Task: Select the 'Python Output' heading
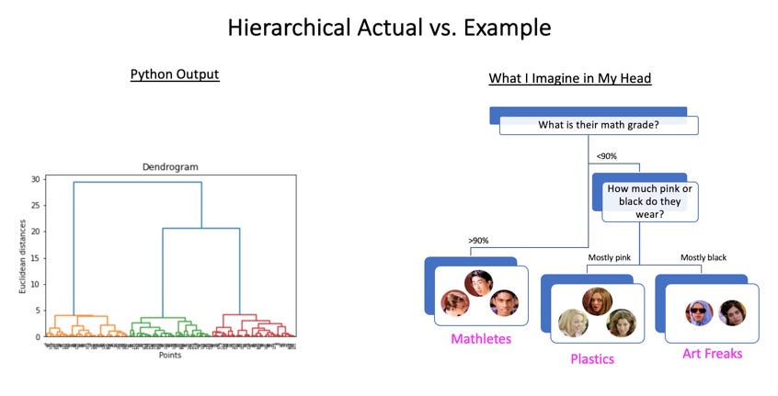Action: pyautogui.click(x=175, y=74)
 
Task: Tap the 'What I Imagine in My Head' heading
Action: pyautogui.click(x=569, y=78)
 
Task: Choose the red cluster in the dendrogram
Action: pyautogui.click(x=250, y=327)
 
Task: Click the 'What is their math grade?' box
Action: pyautogui.click(x=598, y=125)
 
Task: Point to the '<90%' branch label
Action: pyautogui.click(x=607, y=156)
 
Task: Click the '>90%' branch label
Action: pyautogui.click(x=478, y=240)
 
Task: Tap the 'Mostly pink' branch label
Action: pyautogui.click(x=609, y=258)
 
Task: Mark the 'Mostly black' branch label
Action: pyautogui.click(x=704, y=258)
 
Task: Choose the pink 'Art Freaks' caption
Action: pyautogui.click(x=713, y=352)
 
